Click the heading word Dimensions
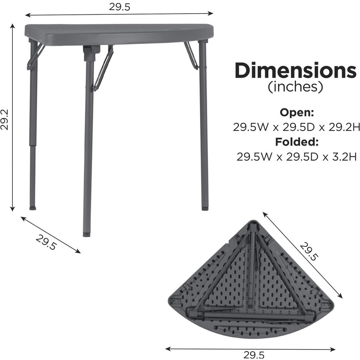295,71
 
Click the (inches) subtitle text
295,87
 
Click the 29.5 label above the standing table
119,7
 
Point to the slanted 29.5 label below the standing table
46,241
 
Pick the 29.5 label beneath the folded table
254,354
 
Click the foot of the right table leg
204,208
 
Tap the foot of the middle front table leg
86,234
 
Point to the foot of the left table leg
33,208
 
